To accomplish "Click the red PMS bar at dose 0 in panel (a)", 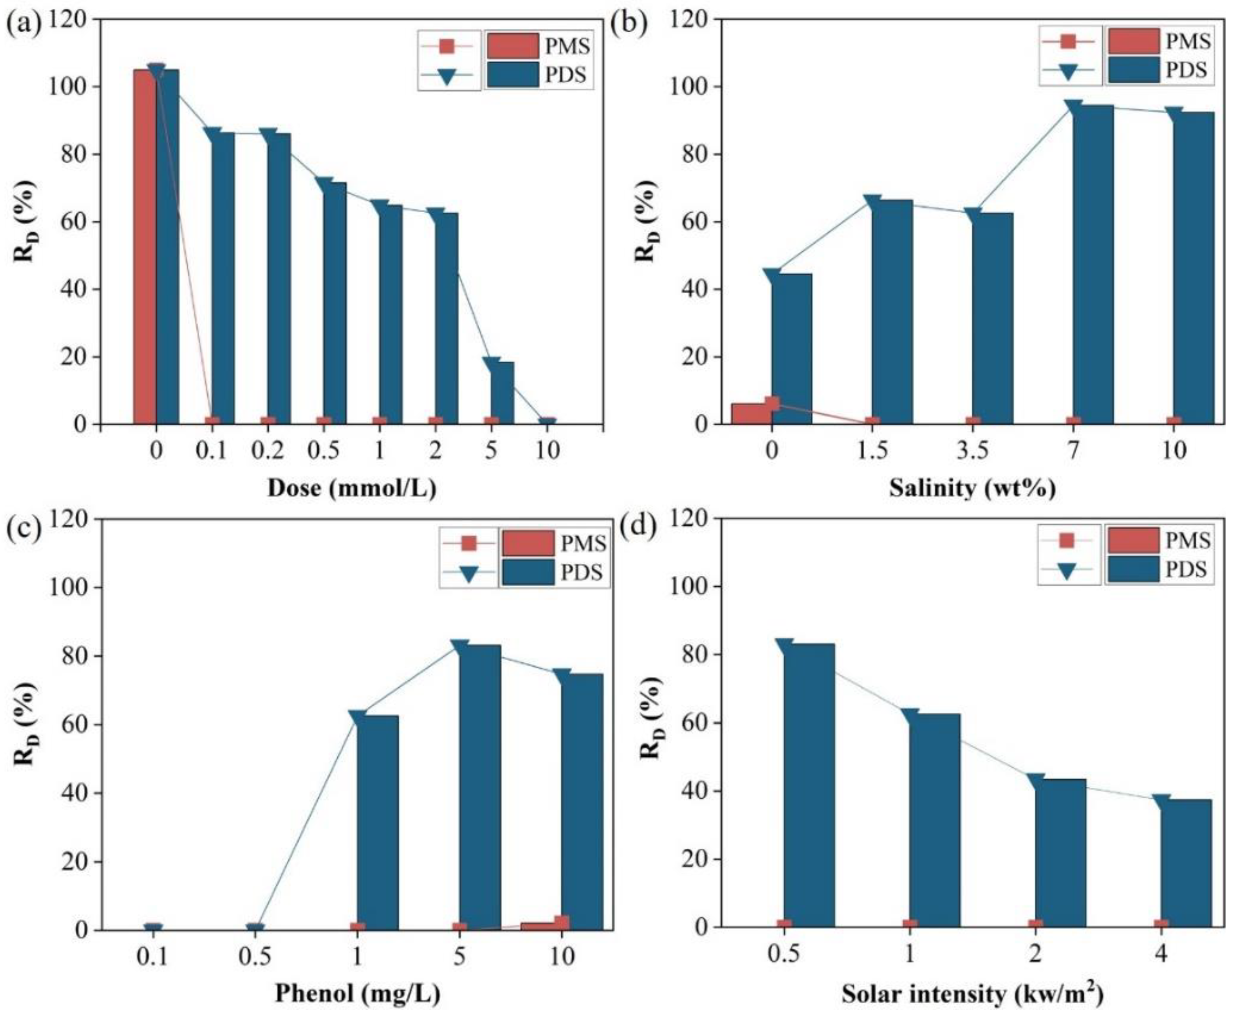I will (144, 245).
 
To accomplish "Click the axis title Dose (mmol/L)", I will (351, 488).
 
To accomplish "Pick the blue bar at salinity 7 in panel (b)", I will (1092, 263).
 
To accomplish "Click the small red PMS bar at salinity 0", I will (751, 413).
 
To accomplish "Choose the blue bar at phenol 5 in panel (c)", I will (480, 786).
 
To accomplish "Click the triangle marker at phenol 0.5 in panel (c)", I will (255, 928).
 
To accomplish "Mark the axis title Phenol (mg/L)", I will (357, 992).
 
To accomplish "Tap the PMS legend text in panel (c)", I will (583, 544).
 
